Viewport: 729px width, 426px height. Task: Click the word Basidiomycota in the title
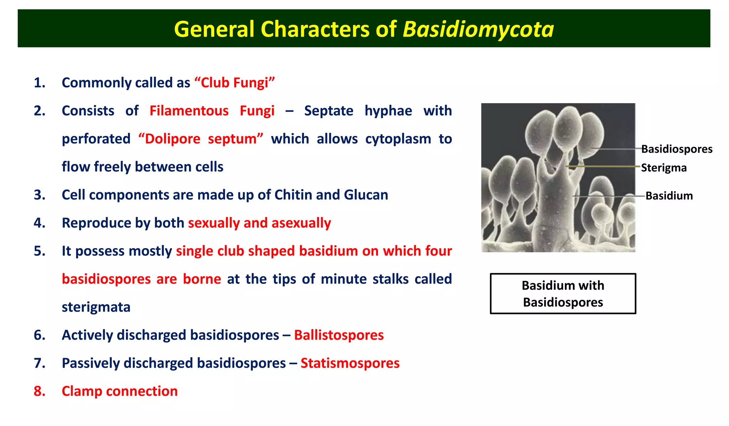coord(478,29)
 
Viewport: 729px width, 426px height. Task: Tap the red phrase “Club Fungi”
coord(235,83)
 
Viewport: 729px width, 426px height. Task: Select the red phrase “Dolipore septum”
coord(201,139)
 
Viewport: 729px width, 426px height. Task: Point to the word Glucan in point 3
coord(366,195)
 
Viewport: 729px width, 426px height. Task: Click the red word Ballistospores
coord(339,335)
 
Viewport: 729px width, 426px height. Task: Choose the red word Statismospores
coord(350,363)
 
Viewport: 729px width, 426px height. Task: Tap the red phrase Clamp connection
coord(120,391)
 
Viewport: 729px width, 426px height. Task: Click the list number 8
coord(39,391)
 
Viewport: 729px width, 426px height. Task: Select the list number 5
coord(39,251)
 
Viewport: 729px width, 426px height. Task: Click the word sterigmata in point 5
coord(96,307)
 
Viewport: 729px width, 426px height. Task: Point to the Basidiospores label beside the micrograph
coord(676,149)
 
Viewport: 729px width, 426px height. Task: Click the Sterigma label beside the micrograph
coord(664,168)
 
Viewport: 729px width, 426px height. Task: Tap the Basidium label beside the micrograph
coord(669,196)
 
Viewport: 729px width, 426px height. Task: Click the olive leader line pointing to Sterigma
coord(605,166)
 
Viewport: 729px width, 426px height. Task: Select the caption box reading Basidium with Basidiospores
coord(563,294)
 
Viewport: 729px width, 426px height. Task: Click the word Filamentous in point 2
coord(189,111)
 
